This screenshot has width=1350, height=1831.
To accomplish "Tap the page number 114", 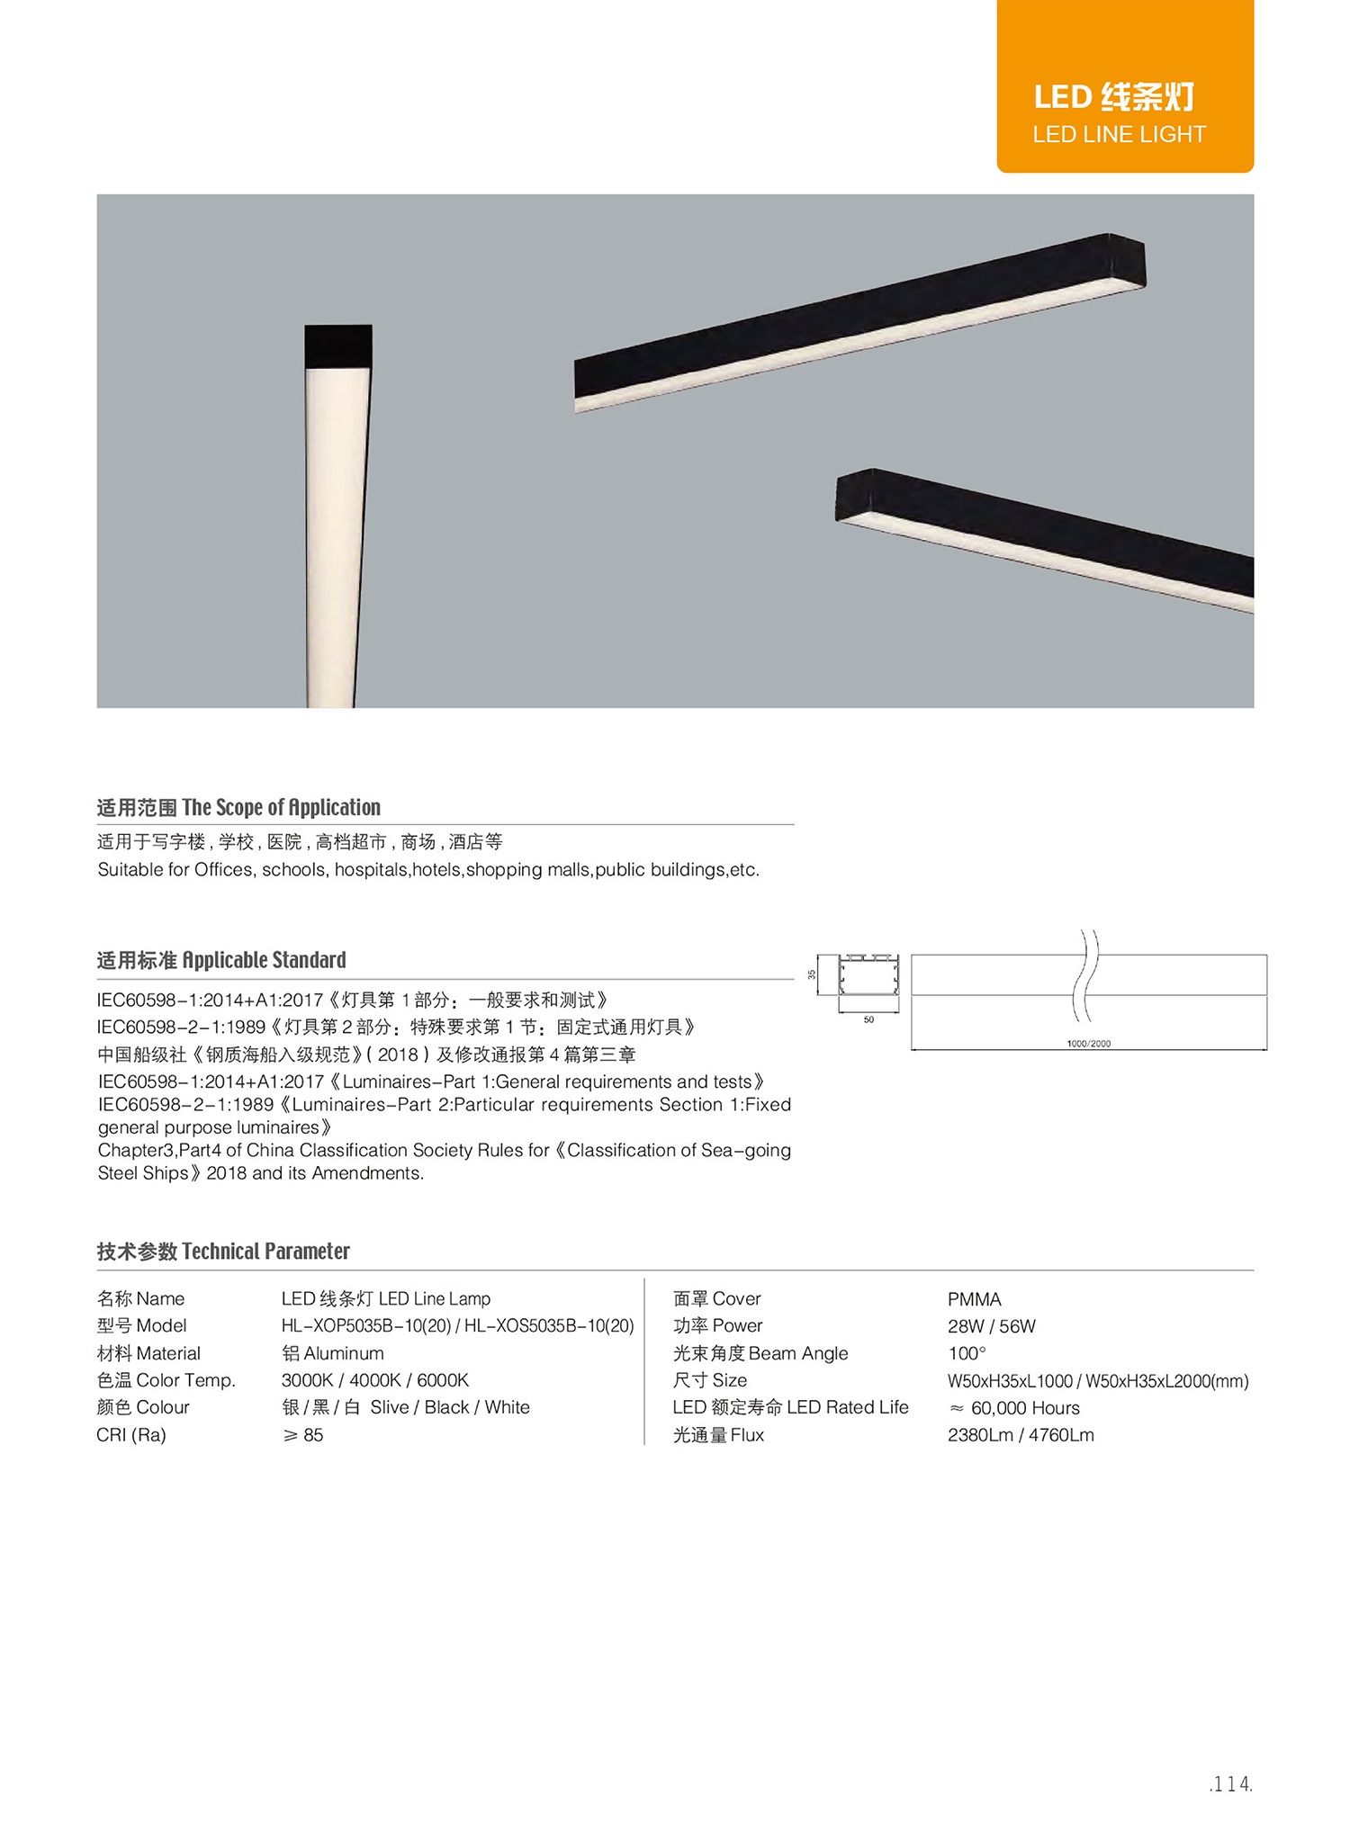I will pyautogui.click(x=1230, y=1784).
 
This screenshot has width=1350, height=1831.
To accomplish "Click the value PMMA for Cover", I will pyautogui.click(x=974, y=1299).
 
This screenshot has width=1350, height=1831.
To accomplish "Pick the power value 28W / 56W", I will pyautogui.click(x=991, y=1326).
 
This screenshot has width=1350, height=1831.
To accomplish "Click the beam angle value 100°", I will pyautogui.click(x=967, y=1353).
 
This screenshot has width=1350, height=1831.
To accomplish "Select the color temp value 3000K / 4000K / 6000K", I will pyautogui.click(x=374, y=1380).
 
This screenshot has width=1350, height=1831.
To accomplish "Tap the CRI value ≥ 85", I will pyautogui.click(x=303, y=1435).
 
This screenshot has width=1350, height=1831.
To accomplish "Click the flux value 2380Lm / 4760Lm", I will pyautogui.click(x=1021, y=1435).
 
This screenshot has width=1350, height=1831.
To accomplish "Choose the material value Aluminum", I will pyautogui.click(x=333, y=1353).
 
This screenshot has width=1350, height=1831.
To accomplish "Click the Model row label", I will pyautogui.click(x=141, y=1326).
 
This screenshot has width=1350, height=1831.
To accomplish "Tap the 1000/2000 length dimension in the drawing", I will pyautogui.click(x=1088, y=1044).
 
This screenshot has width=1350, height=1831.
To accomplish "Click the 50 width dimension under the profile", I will pyautogui.click(x=868, y=1020).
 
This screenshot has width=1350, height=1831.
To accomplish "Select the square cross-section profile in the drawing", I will pyautogui.click(x=868, y=975).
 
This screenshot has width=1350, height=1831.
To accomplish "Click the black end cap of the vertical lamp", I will pyautogui.click(x=338, y=346).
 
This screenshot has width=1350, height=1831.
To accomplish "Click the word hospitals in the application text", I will pyautogui.click(x=371, y=870).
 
